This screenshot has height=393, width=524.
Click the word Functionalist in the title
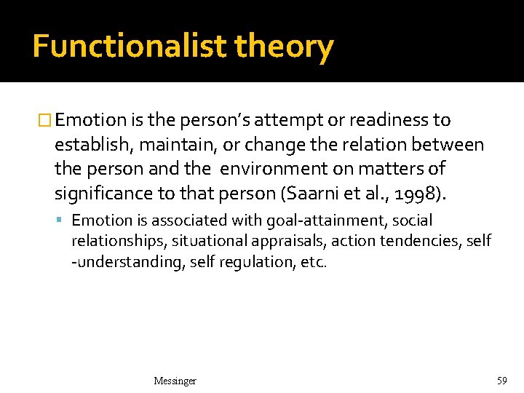click(x=130, y=47)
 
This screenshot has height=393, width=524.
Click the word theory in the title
click(x=284, y=47)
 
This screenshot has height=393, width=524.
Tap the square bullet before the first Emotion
click(x=46, y=120)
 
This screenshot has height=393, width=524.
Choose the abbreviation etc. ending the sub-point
click(x=314, y=261)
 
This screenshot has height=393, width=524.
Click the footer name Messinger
click(x=175, y=381)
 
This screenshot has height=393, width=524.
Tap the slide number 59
click(x=501, y=381)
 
